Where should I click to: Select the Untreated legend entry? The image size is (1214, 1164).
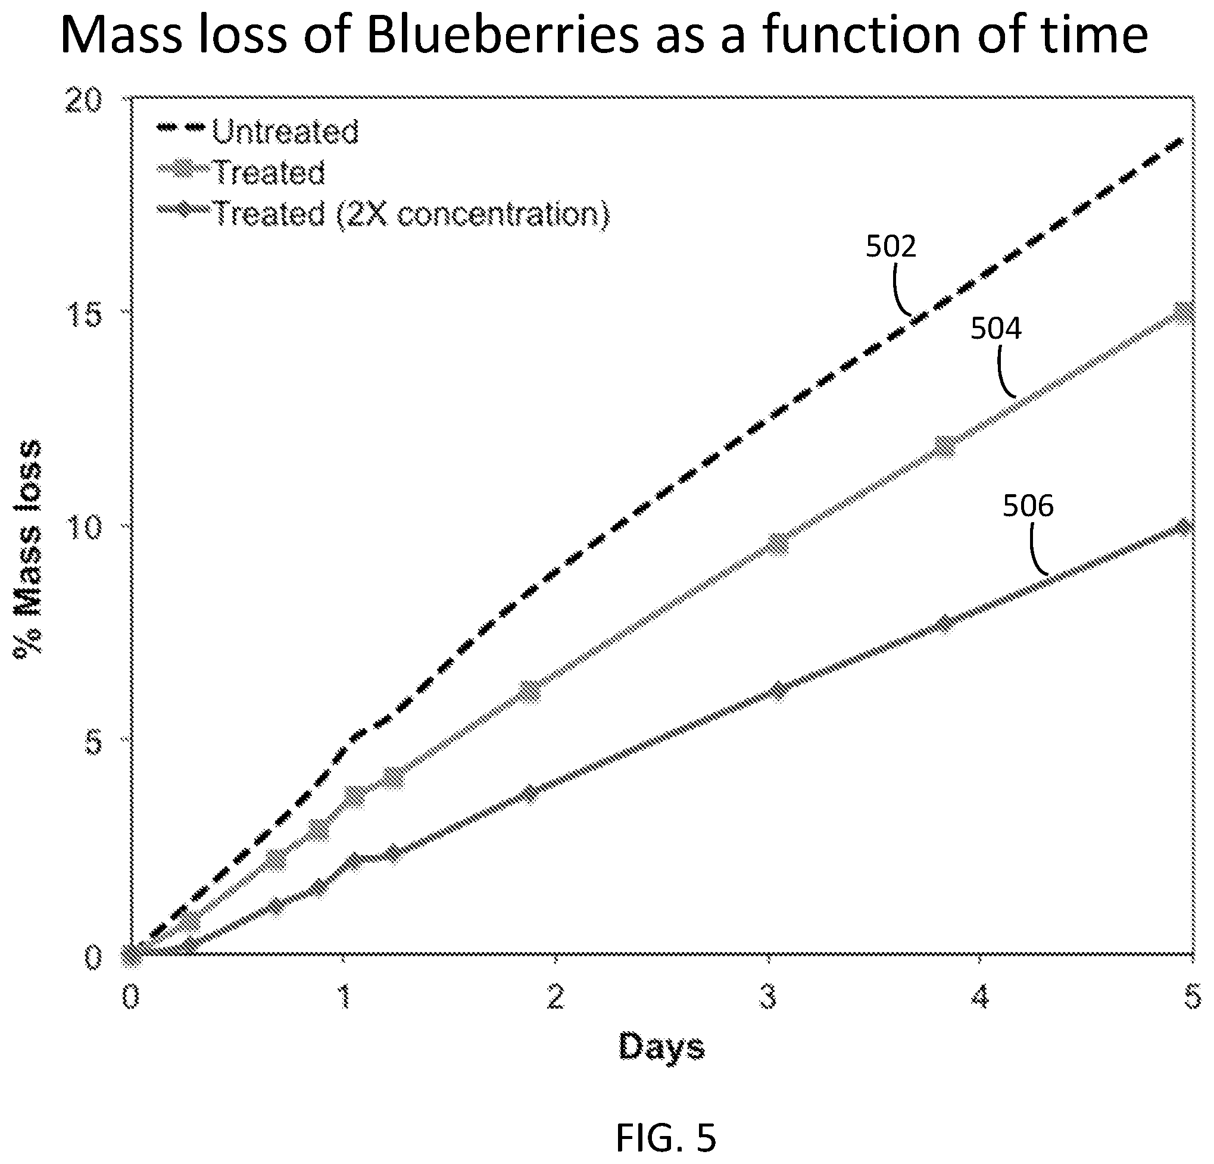coord(258,131)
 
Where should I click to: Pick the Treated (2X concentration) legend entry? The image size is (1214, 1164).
coord(383,214)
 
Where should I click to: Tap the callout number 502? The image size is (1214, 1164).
coord(891,246)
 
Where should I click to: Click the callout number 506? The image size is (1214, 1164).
coord(1028,505)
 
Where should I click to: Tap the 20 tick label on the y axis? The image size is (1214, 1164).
coord(83,101)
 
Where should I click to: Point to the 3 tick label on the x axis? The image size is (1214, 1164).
coord(768,997)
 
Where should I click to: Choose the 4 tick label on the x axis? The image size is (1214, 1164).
coord(981,997)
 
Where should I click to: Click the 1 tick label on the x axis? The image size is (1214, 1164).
coord(344,997)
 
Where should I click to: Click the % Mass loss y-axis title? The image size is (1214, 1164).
coord(29,551)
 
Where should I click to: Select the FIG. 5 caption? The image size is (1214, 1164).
coord(666,1138)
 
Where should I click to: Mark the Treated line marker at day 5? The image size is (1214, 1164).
coord(1184,313)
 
